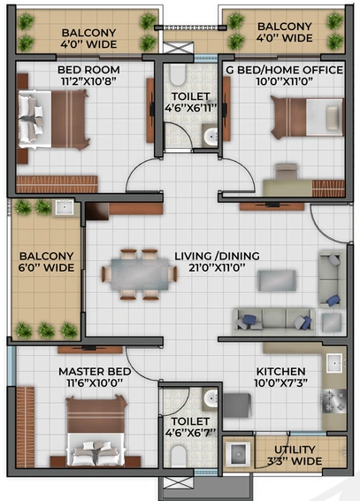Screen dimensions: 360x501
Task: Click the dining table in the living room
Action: tap(140, 274)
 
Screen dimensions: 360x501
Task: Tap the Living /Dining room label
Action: tap(217, 256)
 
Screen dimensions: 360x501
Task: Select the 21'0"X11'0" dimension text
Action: tap(217, 267)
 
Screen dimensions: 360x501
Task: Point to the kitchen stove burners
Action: tap(333, 401)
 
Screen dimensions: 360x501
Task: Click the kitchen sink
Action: tap(334, 363)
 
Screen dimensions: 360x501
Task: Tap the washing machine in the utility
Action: tap(238, 454)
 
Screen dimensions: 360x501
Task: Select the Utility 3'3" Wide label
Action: tap(295, 455)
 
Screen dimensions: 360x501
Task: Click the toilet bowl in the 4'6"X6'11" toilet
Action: tap(178, 75)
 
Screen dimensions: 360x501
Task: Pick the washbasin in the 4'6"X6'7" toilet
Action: tap(211, 398)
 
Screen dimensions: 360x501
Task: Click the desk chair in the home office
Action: tap(287, 172)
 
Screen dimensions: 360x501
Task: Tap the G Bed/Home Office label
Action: tap(285, 70)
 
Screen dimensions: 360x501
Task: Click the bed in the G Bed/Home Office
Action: tap(307, 117)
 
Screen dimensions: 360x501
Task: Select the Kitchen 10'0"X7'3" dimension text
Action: tap(281, 382)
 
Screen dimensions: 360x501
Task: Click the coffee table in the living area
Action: tap(277, 281)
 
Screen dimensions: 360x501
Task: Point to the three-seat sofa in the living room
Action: tap(274, 320)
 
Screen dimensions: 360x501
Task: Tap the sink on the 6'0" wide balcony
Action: tap(65, 207)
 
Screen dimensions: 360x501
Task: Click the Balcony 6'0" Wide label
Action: tap(46, 262)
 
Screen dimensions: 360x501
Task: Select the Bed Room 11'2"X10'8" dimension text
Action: tap(88, 81)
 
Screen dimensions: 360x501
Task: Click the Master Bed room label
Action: tap(95, 371)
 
